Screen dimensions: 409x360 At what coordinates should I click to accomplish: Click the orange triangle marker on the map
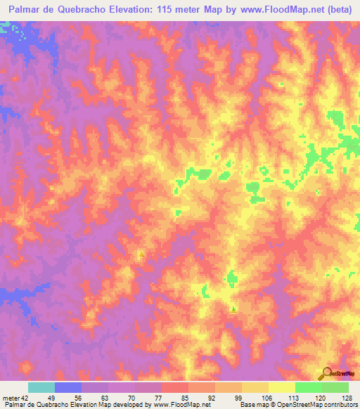pos(141,255)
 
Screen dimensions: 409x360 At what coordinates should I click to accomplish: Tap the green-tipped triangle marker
pos(233,309)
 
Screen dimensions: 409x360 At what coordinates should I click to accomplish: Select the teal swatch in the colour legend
pos(41,387)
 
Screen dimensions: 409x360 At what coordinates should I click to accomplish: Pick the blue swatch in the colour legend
pos(68,387)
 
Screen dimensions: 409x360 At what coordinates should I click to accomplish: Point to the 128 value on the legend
pos(345,397)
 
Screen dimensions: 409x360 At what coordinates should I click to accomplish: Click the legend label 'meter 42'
pos(15,397)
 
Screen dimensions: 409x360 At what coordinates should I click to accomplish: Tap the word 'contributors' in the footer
pos(341,405)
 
